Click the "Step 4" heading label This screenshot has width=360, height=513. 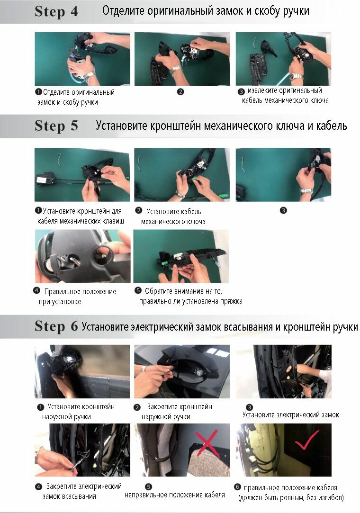[56, 11]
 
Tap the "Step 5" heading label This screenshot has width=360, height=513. [56, 126]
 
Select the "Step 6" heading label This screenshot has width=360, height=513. [56, 326]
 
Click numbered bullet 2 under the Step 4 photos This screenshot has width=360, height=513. [180, 92]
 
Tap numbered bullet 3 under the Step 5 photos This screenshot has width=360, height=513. [283, 210]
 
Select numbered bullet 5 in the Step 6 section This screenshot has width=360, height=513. [148, 487]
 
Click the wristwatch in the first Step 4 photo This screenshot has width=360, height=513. [89, 76]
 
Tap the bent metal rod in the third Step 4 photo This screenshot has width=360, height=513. [255, 41]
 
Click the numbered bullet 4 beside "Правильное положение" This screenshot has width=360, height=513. [36, 290]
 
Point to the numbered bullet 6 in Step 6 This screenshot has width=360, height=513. [237, 487]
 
